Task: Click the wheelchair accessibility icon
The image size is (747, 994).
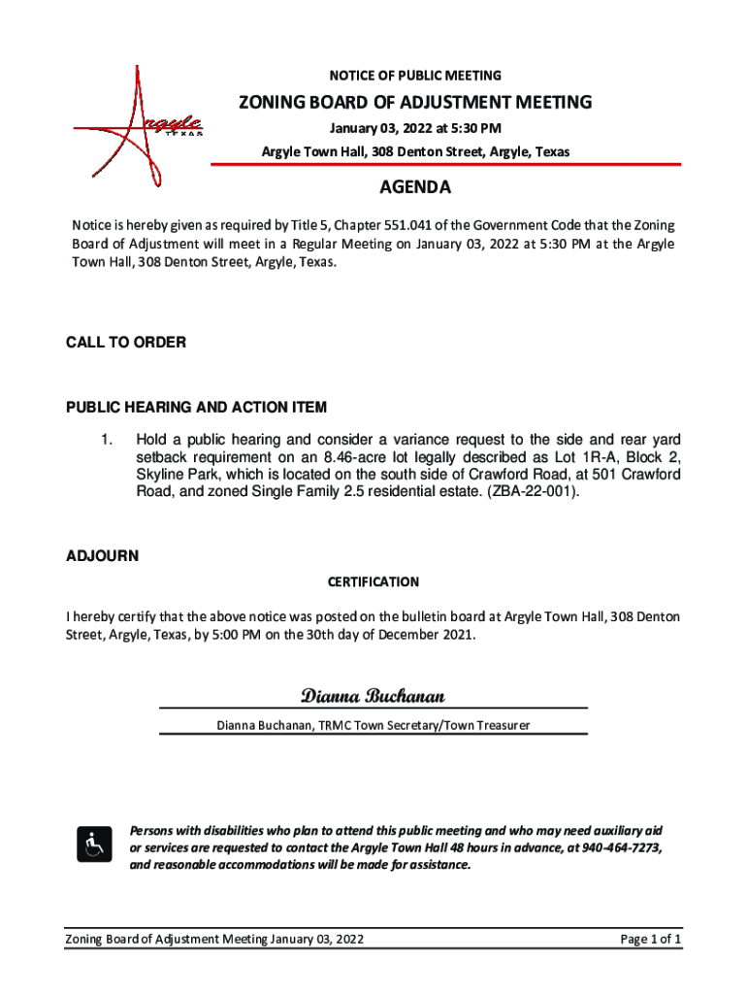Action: point(93,845)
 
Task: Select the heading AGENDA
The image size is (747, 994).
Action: point(414,187)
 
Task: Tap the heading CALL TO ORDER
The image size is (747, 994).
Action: point(125,343)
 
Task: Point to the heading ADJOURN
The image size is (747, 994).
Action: point(102,556)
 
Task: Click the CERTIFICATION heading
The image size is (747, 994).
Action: point(373,582)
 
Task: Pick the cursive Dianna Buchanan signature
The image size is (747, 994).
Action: point(373,696)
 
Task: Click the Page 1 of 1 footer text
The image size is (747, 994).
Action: point(650,940)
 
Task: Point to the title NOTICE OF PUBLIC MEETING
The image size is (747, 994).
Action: point(415,76)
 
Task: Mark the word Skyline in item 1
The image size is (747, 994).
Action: point(162,474)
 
